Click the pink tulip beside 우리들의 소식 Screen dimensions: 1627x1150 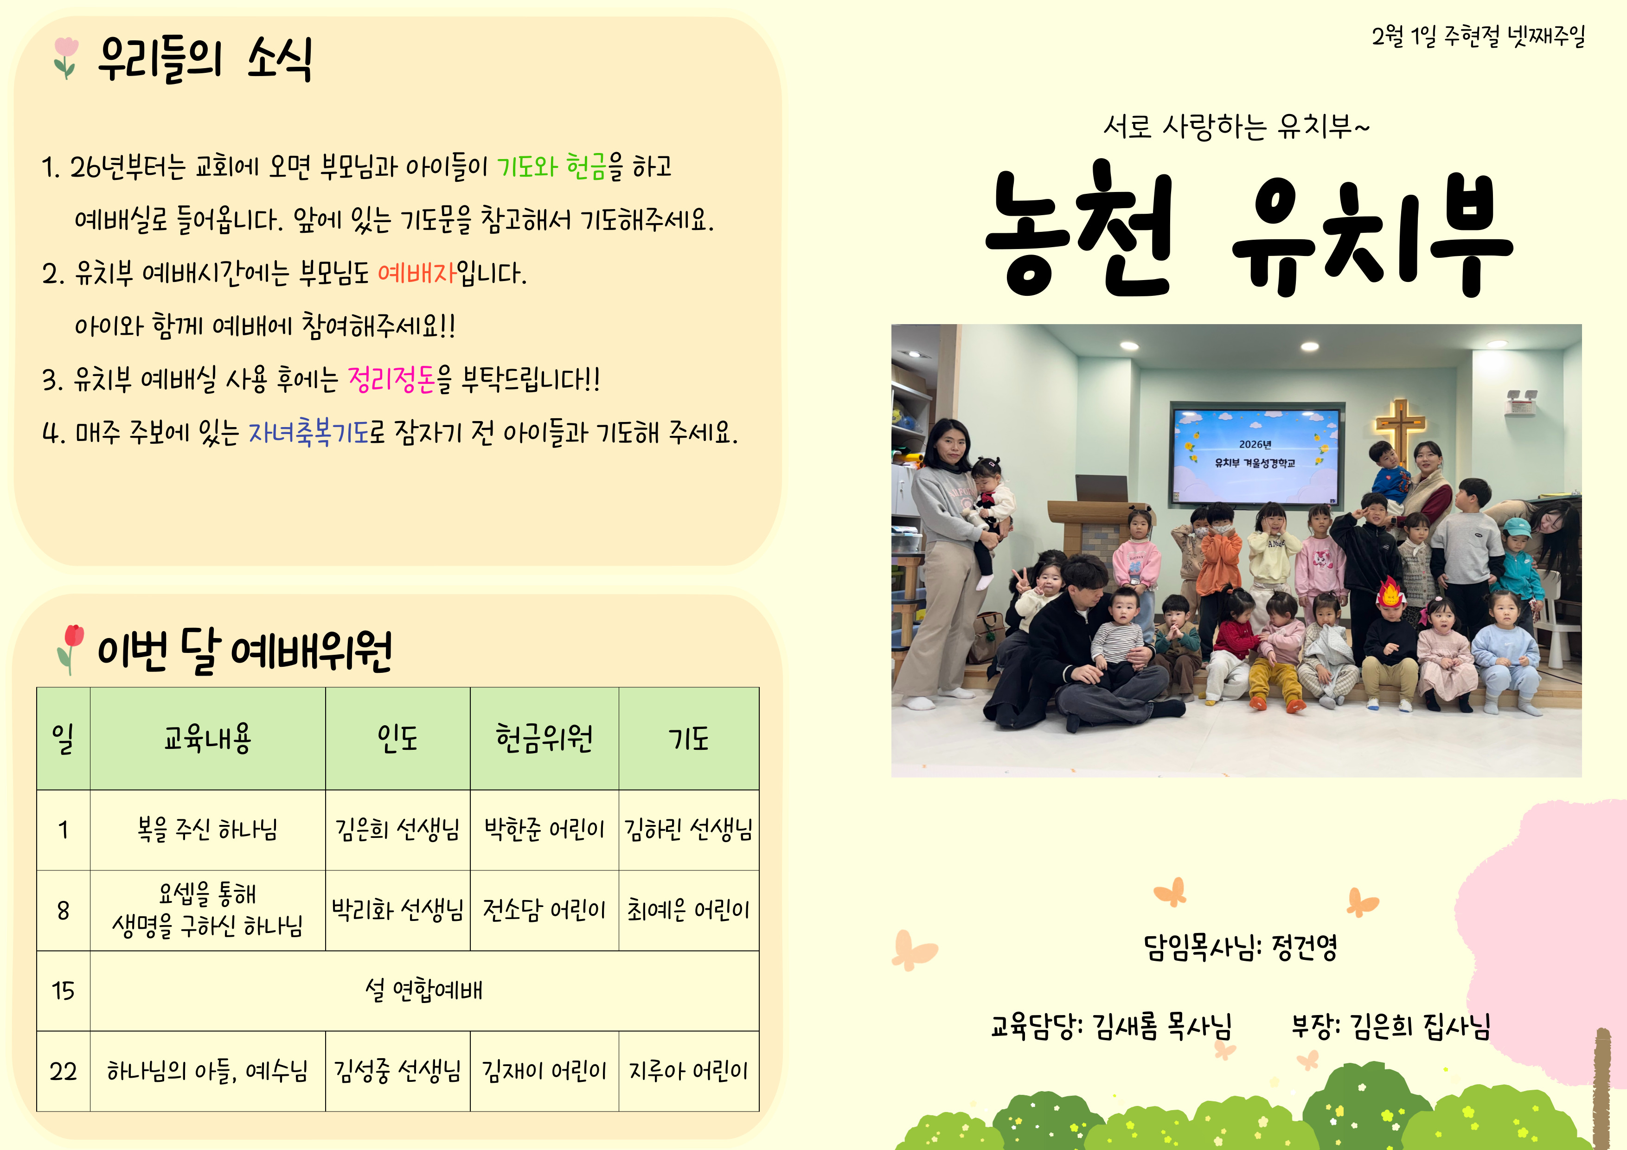65,57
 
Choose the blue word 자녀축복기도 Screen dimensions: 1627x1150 309,432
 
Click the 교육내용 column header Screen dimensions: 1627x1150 208,738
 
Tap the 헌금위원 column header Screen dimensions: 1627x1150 544,738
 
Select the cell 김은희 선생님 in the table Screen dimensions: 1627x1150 397,829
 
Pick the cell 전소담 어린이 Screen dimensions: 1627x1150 544,910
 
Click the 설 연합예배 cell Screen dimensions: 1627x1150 424,990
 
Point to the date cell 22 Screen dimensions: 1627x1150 63,1071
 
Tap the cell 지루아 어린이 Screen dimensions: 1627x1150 689,1071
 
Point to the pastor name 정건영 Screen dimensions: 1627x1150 1305,946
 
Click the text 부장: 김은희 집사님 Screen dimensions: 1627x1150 1391,1025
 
